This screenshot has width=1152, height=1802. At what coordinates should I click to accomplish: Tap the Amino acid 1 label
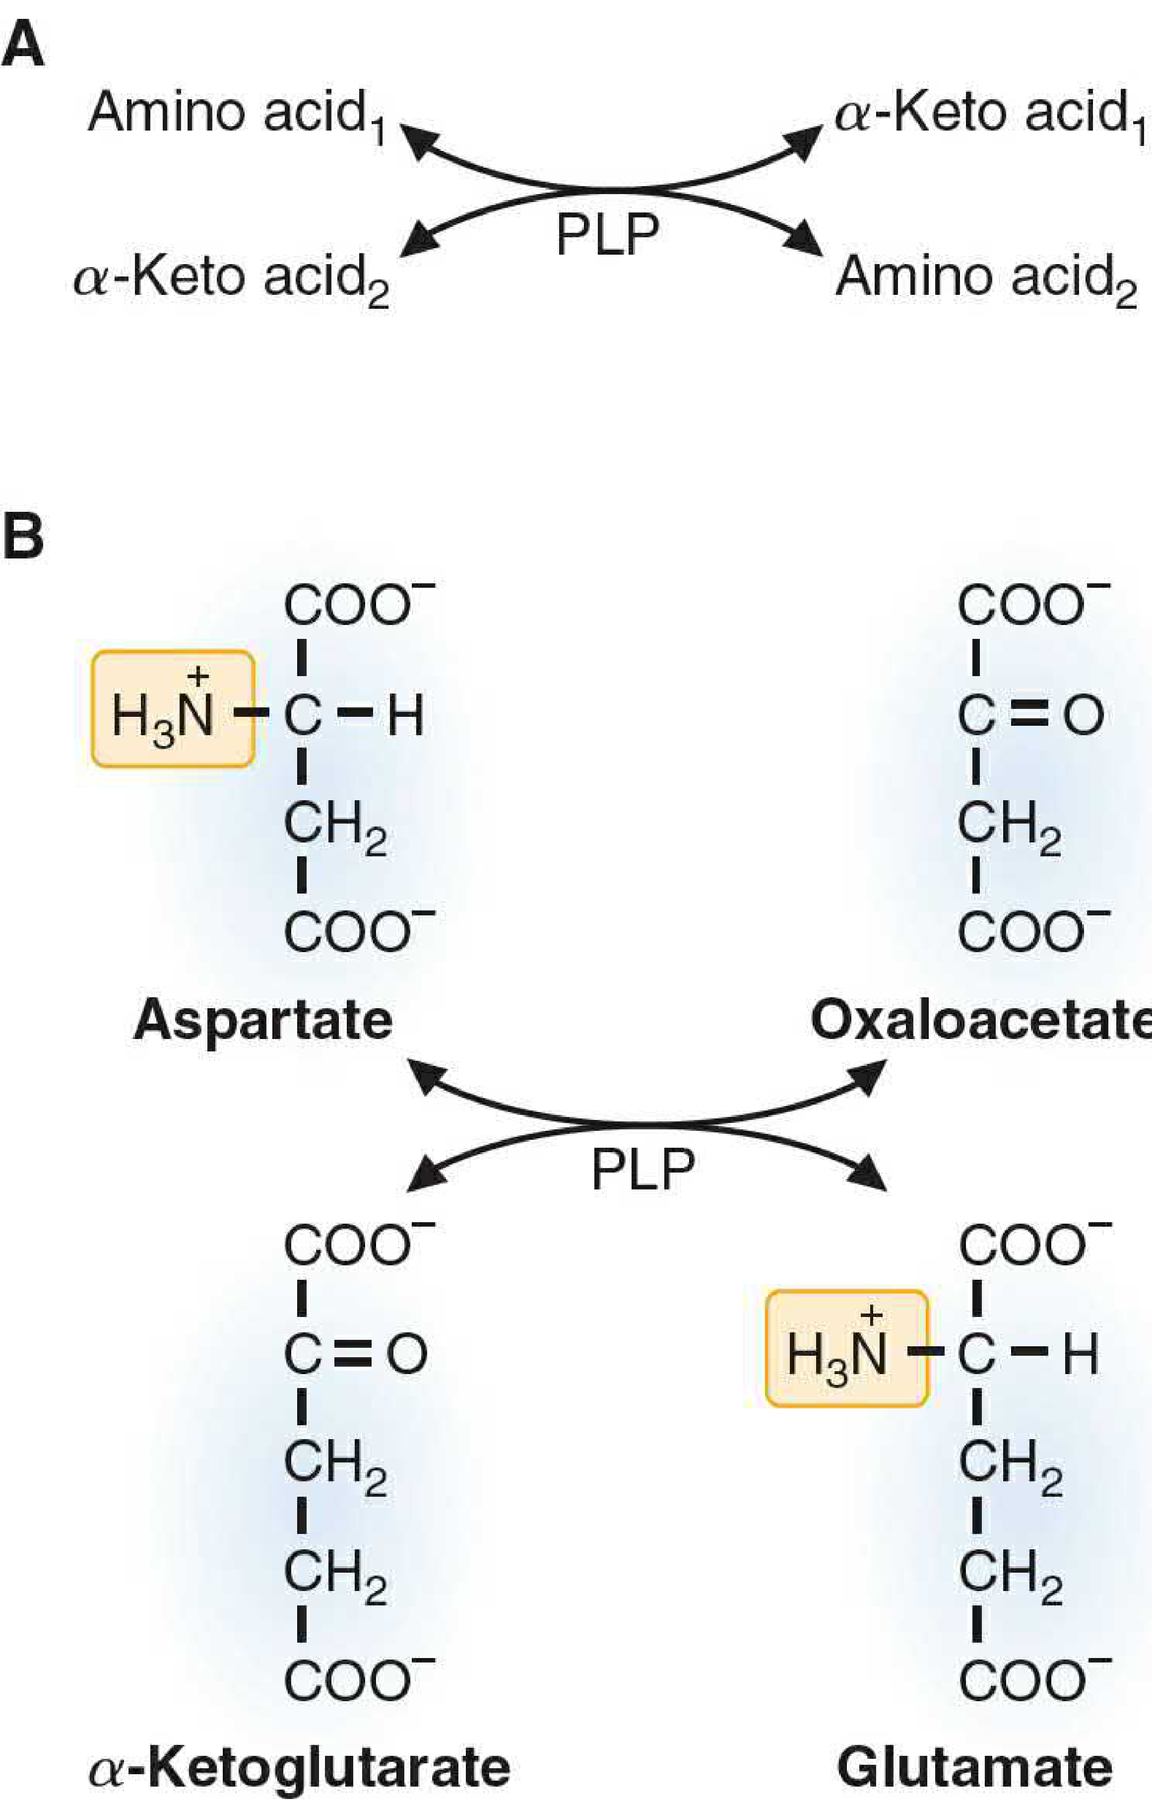(236, 116)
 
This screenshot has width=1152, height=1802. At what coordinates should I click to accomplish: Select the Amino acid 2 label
(986, 280)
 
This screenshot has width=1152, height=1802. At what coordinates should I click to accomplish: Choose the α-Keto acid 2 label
(231, 280)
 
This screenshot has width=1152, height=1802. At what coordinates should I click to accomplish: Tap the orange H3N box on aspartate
(173, 709)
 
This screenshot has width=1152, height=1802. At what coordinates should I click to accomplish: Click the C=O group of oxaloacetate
(1031, 715)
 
